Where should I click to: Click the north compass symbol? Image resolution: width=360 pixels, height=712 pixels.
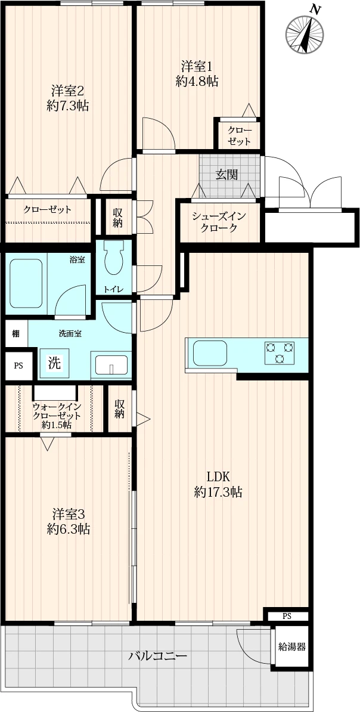tap(306, 32)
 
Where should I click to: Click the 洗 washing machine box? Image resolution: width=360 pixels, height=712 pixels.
tap(54, 363)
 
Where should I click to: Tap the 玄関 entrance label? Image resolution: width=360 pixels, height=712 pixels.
tap(226, 174)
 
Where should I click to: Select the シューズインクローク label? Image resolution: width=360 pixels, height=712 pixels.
tap(219, 222)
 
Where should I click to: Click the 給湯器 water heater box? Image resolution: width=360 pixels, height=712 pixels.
tap(291, 647)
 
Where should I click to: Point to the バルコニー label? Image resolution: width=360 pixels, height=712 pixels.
tap(157, 657)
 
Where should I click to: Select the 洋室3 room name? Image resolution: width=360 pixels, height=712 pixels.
tap(68, 515)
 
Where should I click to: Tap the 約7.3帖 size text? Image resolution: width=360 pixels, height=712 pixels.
tap(67, 106)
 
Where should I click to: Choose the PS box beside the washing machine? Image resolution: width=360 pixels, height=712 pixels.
tap(18, 366)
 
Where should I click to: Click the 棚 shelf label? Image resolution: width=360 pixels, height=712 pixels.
tap(16, 334)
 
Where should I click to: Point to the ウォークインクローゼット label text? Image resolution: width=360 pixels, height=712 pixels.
tap(56, 410)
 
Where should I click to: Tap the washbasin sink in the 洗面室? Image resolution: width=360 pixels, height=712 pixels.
tap(111, 365)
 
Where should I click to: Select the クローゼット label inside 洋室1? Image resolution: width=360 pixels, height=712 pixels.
tap(239, 136)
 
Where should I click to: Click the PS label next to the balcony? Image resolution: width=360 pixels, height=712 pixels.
tap(287, 616)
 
